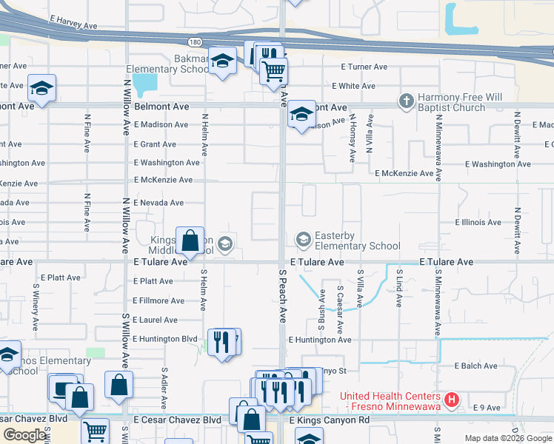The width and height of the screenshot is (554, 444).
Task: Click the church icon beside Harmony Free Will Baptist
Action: (x=406, y=101)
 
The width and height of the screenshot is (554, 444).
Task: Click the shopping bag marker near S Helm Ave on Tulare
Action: (x=190, y=241)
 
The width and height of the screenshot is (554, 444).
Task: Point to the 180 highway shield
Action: (x=193, y=42)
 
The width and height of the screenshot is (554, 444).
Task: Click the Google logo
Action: (x=25, y=435)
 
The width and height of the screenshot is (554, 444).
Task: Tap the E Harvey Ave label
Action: (x=73, y=25)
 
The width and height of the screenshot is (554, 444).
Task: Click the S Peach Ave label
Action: (x=282, y=295)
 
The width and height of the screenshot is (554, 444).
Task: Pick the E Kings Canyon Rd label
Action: (x=329, y=420)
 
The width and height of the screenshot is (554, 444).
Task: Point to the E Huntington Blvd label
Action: (x=166, y=339)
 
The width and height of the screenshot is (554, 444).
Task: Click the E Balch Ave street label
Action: (x=476, y=366)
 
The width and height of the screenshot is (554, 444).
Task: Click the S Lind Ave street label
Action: (x=398, y=289)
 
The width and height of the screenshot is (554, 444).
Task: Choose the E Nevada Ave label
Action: (x=158, y=203)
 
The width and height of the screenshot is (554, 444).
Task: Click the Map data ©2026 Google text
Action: (x=508, y=438)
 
